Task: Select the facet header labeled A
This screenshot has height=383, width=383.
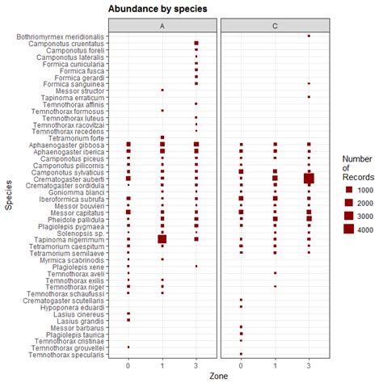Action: pyautogui.click(x=162, y=25)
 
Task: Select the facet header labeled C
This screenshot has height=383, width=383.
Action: pyautogui.click(x=275, y=25)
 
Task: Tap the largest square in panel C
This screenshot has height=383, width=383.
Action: pyautogui.click(x=309, y=178)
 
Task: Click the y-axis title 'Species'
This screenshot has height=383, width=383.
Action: pyautogui.click(x=7, y=196)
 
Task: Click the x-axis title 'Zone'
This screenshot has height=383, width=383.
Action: pyautogui.click(x=219, y=376)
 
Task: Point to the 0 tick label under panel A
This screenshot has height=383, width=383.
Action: pyautogui.click(x=128, y=365)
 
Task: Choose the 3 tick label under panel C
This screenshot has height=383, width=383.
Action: pyautogui.click(x=309, y=365)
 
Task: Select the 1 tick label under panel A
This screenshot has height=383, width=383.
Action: pyautogui.click(x=162, y=365)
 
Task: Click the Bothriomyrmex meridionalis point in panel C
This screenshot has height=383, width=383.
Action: pyautogui.click(x=309, y=36)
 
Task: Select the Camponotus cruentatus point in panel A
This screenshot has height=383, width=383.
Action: pyautogui.click(x=196, y=44)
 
